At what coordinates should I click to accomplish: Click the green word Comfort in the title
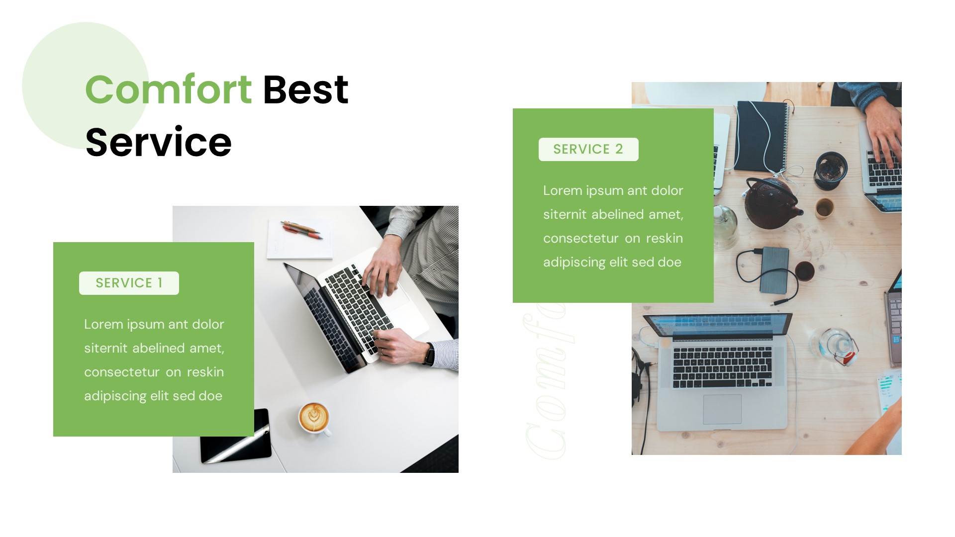168,89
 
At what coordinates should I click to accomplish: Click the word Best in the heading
305,89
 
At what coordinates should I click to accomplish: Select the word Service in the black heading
158,142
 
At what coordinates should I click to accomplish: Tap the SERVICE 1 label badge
129,283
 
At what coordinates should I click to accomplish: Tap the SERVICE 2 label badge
588,149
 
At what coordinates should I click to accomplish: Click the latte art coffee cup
314,417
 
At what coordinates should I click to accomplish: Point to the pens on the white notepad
301,230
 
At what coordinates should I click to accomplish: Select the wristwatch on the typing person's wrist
429,354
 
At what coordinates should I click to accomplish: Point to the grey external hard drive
774,268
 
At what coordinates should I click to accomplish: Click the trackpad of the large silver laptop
722,409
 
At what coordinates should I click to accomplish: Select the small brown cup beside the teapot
824,208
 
